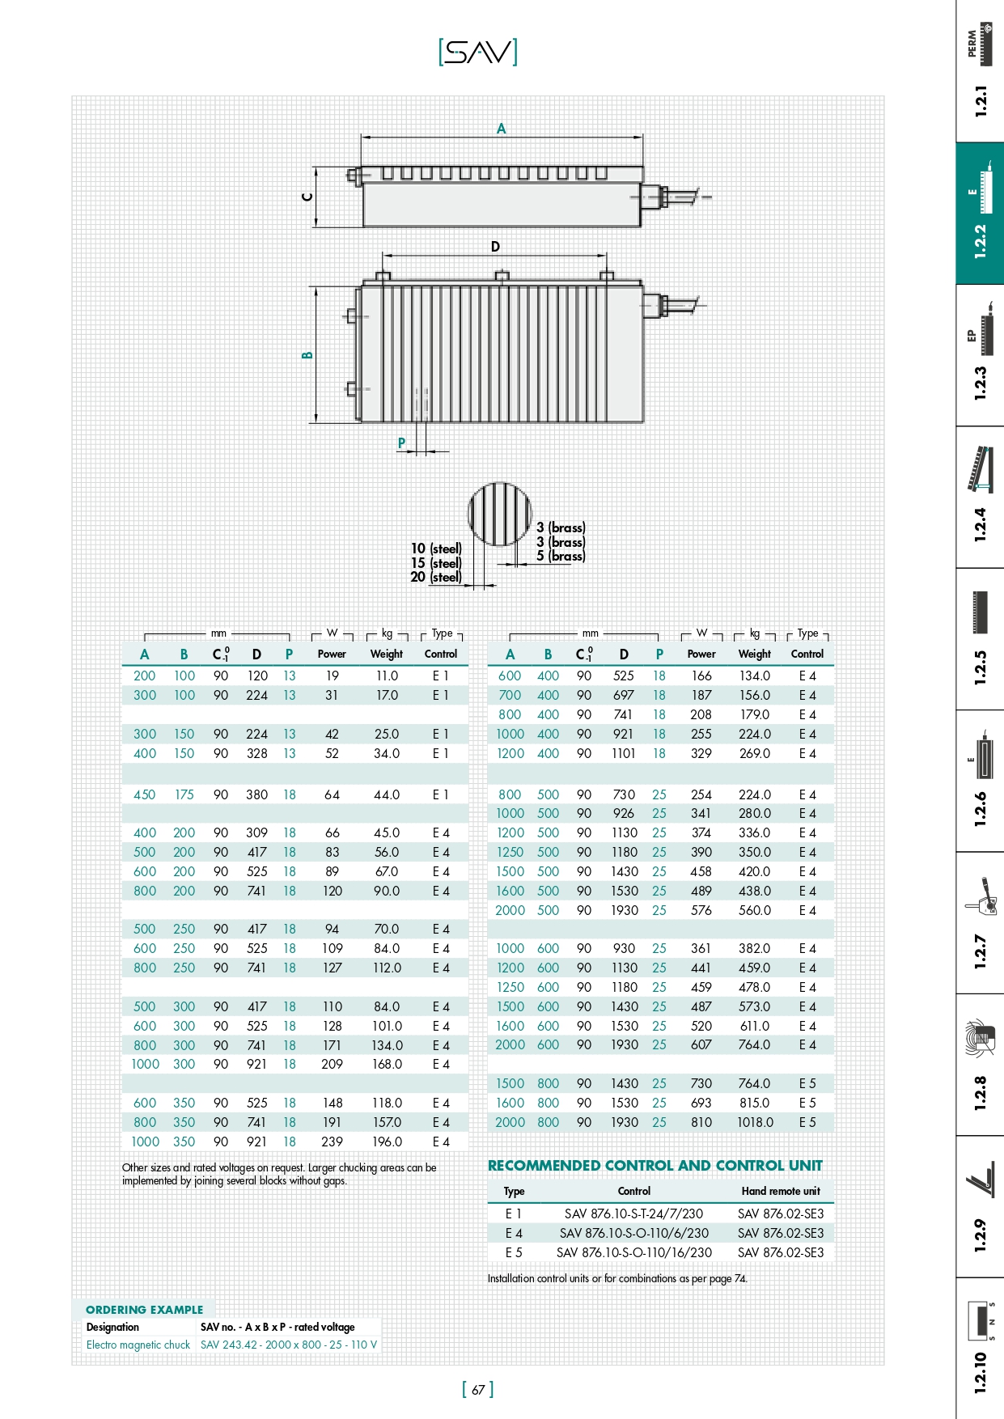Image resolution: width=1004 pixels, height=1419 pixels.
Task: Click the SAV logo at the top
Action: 477,53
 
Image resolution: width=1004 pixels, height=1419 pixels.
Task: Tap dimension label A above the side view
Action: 502,129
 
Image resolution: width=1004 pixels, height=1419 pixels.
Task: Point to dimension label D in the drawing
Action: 495,247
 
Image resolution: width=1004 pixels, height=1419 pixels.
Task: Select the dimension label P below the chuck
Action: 401,443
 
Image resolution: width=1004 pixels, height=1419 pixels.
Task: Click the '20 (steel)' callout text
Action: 436,578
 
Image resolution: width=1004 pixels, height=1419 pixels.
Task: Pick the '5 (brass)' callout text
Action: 561,557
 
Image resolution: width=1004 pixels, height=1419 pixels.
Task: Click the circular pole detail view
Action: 499,514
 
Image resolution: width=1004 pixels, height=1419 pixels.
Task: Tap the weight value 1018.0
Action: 755,1123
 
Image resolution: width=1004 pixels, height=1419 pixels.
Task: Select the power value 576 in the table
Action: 701,911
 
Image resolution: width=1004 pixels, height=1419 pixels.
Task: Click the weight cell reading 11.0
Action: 387,676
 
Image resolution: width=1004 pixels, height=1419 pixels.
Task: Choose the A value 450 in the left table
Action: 145,795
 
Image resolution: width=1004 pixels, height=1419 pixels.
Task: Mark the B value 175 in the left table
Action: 184,795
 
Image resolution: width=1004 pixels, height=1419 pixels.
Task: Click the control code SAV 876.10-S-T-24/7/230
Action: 633,1214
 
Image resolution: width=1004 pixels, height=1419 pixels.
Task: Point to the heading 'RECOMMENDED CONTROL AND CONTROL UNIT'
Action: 655,1166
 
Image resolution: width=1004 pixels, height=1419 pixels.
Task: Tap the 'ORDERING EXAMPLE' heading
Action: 145,1310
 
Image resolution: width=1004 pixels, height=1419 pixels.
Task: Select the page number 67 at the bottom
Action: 478,1390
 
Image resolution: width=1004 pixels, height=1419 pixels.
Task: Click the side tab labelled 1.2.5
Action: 980,639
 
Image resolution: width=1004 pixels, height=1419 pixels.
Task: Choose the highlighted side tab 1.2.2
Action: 980,214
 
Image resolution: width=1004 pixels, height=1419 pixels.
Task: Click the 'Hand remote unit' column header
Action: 781,1192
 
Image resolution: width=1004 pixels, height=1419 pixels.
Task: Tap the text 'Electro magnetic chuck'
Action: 138,1345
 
